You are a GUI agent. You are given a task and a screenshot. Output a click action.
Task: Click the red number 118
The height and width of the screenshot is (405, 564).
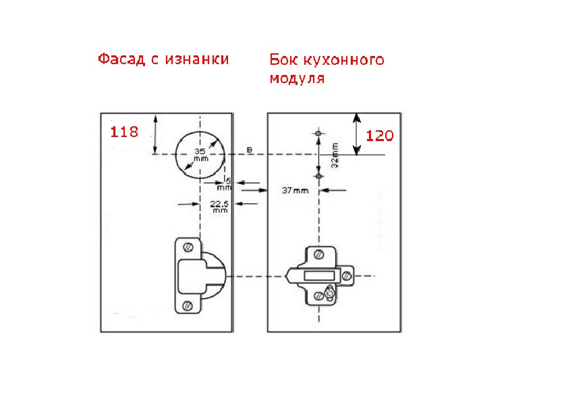(124, 132)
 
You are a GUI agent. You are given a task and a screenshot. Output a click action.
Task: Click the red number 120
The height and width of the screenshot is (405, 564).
(379, 136)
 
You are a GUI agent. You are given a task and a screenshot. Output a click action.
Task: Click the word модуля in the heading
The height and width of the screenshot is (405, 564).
(297, 78)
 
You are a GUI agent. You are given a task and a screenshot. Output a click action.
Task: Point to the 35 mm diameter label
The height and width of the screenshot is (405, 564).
(200, 155)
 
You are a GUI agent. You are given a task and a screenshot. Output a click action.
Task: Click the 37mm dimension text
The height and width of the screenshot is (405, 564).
(295, 191)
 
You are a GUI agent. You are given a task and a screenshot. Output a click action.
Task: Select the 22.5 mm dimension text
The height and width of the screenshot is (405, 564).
(219, 206)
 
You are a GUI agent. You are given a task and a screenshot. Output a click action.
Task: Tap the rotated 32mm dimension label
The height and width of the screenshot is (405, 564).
(335, 155)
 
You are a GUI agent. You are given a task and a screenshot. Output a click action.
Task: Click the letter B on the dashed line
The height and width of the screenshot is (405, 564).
(250, 149)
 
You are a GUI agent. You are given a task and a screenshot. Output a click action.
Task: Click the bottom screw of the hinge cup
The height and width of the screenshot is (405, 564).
(188, 306)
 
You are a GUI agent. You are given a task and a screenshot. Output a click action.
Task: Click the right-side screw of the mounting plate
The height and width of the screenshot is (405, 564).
(347, 275)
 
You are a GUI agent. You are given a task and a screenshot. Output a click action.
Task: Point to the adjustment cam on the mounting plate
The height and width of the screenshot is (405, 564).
(329, 293)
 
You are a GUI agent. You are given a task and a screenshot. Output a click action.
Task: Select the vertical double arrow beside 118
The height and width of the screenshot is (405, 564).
(156, 134)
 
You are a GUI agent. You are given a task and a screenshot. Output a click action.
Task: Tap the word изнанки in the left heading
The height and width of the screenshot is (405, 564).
(196, 59)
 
